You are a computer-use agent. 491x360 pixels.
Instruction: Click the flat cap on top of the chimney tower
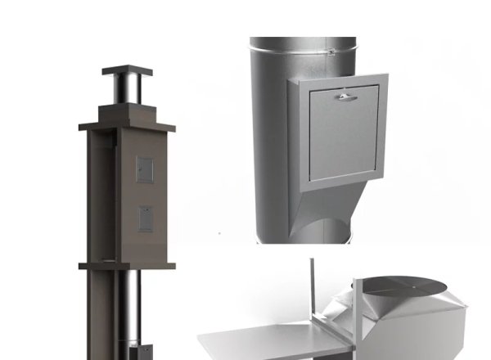(127, 71)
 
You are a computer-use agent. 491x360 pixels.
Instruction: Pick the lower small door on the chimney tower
(144, 218)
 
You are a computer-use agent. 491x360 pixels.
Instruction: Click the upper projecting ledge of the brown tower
(127, 126)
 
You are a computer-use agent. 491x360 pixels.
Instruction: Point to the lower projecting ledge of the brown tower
(127, 265)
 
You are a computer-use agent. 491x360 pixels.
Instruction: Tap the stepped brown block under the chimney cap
(127, 112)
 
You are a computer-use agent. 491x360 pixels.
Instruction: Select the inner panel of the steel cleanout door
(344, 135)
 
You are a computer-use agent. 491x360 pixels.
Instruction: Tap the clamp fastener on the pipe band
(330, 52)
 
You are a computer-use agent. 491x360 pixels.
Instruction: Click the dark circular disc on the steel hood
(402, 286)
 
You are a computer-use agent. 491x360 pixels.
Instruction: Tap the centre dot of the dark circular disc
(402, 286)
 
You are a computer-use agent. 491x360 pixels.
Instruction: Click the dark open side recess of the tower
(99, 196)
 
